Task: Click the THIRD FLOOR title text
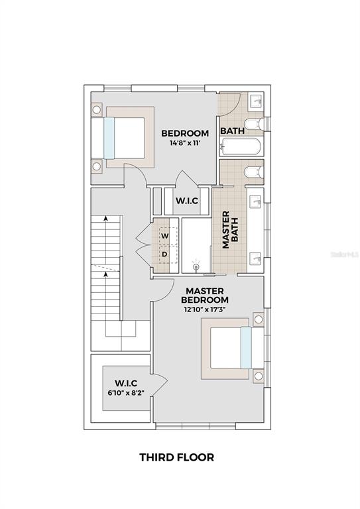pos(176,457)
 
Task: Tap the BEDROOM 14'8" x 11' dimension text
pos(185,142)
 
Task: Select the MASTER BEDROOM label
pos(204,295)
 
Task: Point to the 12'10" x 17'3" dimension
pos(204,310)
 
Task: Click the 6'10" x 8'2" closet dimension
pos(126,392)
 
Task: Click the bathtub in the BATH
pos(240,146)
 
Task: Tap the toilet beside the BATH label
pos(254,124)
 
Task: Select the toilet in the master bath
pos(254,172)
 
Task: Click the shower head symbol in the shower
pos(196,266)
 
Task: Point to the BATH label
pos(233,131)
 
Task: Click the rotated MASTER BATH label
pos(230,230)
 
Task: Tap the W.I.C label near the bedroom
pos(187,201)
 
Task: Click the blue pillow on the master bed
pos(246,348)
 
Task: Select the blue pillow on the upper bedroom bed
pos(109,138)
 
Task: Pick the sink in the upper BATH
pos(257,101)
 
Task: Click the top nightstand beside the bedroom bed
pos(96,110)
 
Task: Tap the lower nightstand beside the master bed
pos(259,376)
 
